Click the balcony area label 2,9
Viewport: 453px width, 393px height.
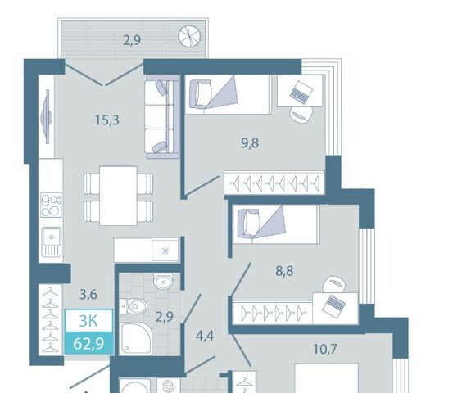click(x=132, y=40)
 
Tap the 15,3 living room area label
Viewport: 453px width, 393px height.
click(x=107, y=120)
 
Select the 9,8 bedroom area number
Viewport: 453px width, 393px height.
click(x=250, y=143)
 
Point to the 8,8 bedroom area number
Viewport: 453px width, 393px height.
click(x=284, y=271)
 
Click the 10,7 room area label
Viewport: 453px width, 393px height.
click(x=325, y=349)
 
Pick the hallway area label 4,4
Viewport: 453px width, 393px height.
click(x=205, y=337)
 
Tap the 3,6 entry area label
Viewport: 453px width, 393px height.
click(x=88, y=295)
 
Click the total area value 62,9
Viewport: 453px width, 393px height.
click(x=88, y=344)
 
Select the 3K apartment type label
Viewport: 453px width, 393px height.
click(x=88, y=321)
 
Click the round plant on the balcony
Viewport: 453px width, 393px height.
click(x=189, y=36)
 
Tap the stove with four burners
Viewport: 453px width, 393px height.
click(x=51, y=206)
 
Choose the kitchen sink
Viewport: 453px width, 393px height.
click(x=52, y=242)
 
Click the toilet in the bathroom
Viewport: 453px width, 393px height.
click(x=134, y=305)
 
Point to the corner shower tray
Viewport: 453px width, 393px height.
click(x=135, y=338)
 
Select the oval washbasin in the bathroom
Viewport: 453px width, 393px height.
click(x=163, y=282)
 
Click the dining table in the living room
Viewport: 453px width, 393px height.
click(x=118, y=196)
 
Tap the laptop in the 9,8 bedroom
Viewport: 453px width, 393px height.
click(x=301, y=93)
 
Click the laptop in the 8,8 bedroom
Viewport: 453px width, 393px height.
click(x=334, y=307)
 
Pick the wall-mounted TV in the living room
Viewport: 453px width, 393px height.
click(x=47, y=116)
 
